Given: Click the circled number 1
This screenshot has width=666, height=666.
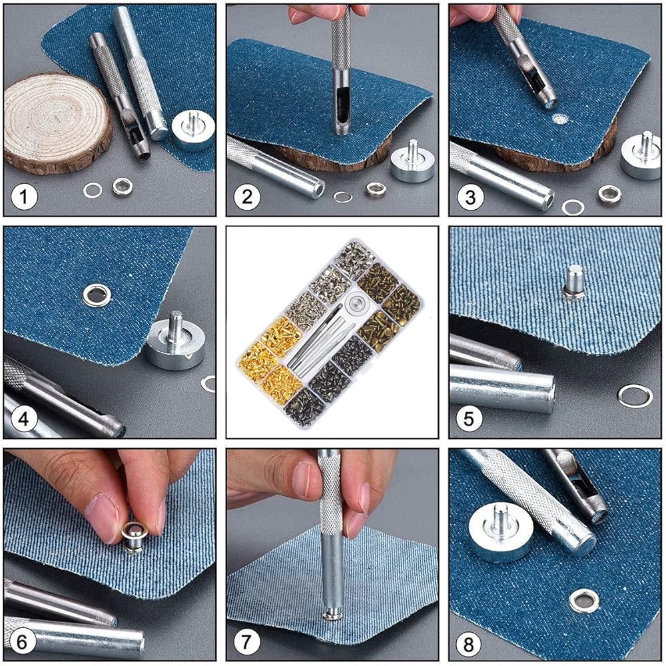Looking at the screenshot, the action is pos(24,196).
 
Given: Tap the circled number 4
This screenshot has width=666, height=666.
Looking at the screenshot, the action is pos(24,419).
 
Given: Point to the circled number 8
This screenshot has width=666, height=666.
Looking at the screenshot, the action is pos(468,644).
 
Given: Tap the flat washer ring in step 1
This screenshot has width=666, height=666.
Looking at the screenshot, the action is pos(93,190).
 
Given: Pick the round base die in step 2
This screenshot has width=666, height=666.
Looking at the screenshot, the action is pos(412,161).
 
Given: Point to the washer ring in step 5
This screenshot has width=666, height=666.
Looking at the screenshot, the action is pos(635,396).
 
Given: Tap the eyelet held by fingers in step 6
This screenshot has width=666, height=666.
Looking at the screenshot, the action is pos(135,536).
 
